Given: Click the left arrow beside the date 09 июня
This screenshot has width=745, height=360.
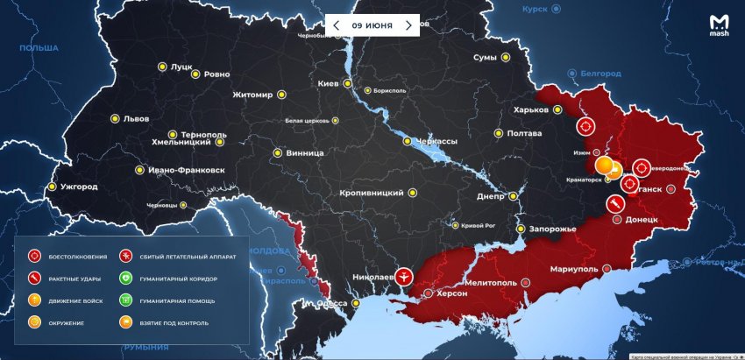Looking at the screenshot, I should coord(336,25).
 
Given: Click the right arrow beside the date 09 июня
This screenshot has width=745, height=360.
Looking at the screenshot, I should coord(408,25).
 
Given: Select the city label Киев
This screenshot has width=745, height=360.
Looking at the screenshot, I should coord(328,83).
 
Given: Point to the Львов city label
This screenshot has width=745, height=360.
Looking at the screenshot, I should coord(136,118).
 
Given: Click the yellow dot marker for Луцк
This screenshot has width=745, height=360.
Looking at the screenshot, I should coord(161,66).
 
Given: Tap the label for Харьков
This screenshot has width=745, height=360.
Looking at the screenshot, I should coord(532,110).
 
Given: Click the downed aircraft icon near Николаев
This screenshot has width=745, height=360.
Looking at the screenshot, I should coord(403,277).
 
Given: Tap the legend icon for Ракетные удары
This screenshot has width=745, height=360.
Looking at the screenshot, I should coord(35,279).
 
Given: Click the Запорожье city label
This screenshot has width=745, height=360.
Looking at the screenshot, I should coord(552,229).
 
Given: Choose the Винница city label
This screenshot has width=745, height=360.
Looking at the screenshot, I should coord(305,152).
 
